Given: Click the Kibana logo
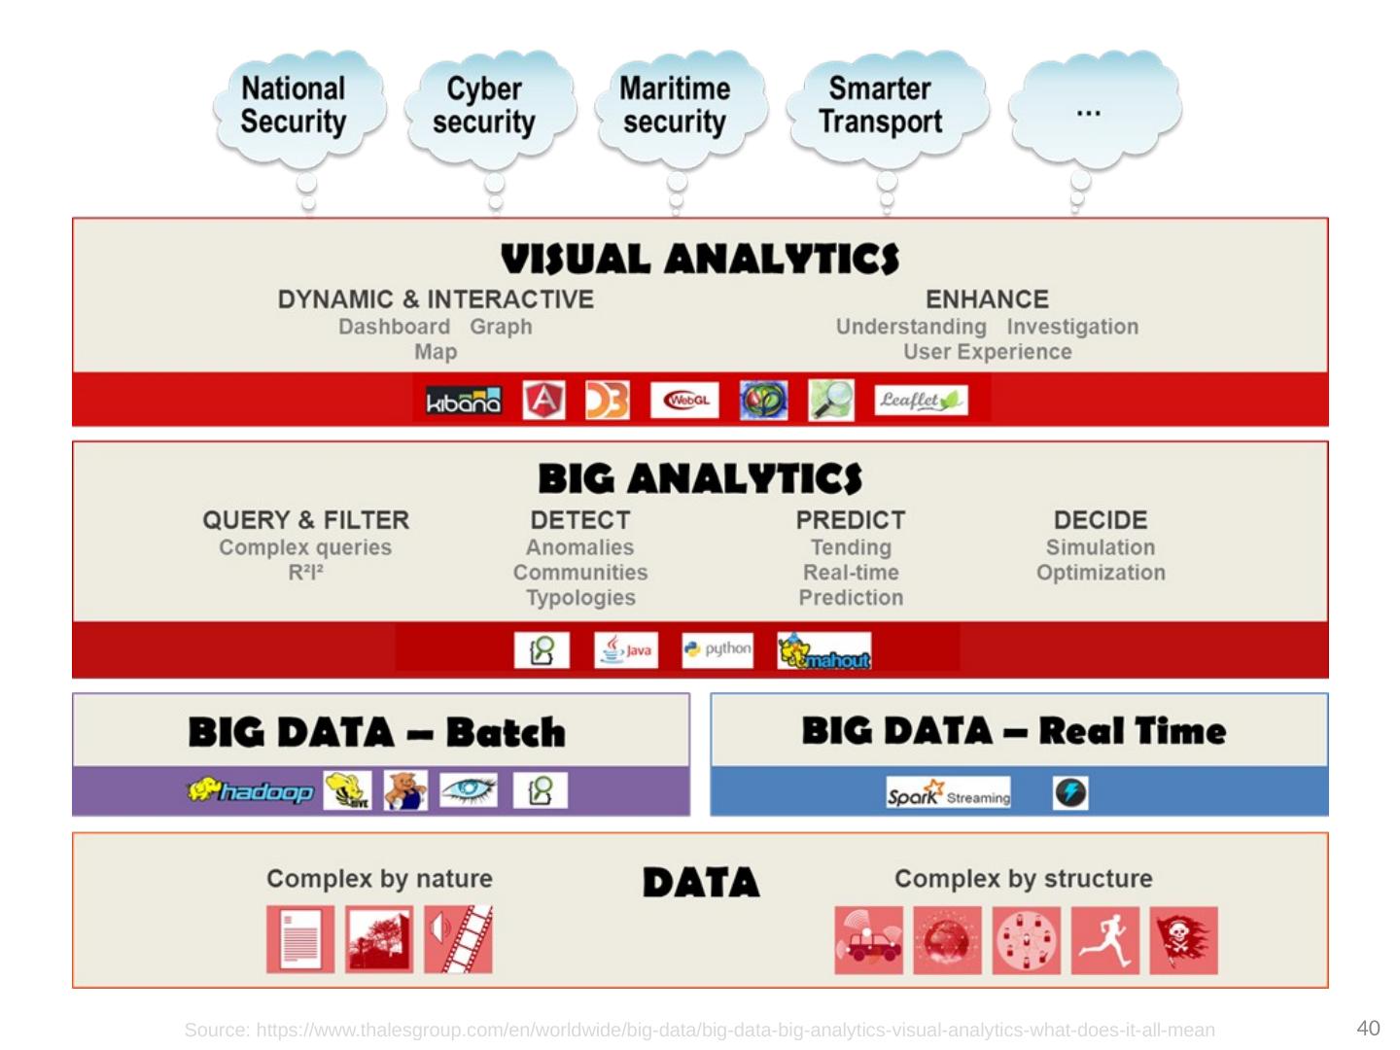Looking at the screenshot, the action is click(464, 401).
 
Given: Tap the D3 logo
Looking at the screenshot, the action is click(607, 401).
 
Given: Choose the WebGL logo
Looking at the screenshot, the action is click(685, 401).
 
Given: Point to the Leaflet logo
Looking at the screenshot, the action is click(920, 401).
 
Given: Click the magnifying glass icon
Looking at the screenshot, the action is click(831, 401).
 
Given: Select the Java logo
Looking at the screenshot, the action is click(626, 650).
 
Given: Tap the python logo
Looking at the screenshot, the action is click(717, 649).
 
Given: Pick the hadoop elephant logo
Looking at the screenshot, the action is click(251, 791).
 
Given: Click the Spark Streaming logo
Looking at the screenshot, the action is click(948, 793).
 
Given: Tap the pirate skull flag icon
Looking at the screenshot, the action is click(1183, 941).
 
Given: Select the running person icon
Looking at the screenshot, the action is click(1105, 941).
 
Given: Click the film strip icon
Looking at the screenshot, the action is click(459, 940).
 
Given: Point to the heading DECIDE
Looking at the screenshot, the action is click(1101, 520).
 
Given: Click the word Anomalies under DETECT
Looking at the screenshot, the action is click(579, 547).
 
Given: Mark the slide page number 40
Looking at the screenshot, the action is click(1368, 1028).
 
